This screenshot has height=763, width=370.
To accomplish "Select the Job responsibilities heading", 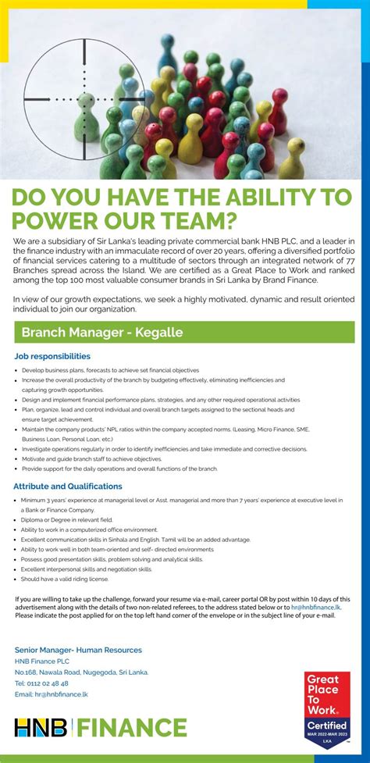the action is click(52, 356).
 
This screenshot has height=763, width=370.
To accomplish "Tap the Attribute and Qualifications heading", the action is click(68, 487).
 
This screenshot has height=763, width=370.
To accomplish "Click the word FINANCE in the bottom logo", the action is click(130, 728).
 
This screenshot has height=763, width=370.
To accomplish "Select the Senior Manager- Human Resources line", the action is click(78, 650).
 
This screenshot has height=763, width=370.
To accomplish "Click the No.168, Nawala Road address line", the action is click(80, 672).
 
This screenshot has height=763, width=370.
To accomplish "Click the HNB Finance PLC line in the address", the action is click(41, 661).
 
